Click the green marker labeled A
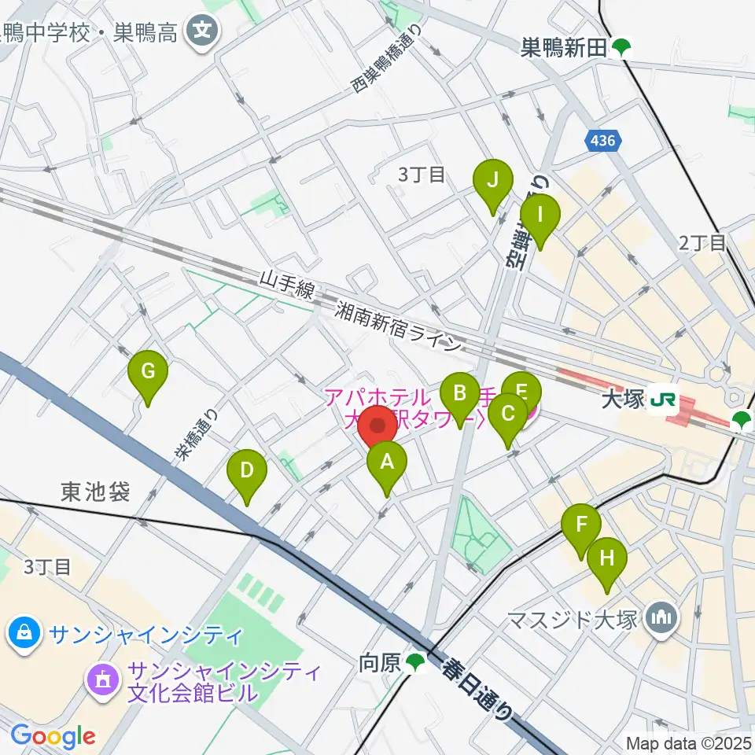(386, 464)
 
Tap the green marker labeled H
(607, 560)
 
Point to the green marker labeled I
(540, 215)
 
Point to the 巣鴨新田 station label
(565, 48)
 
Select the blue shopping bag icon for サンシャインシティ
(25, 632)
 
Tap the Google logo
(53, 736)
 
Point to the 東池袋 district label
(94, 492)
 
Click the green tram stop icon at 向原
(415, 665)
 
